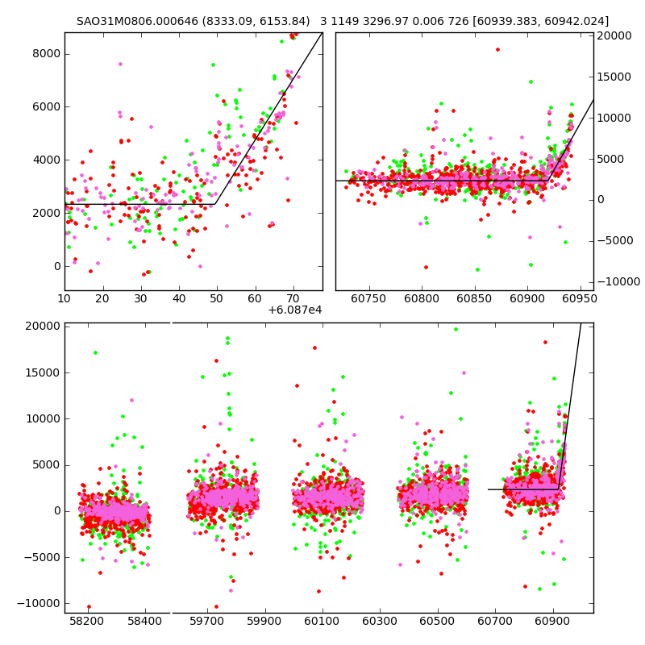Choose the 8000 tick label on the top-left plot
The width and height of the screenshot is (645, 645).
point(45,53)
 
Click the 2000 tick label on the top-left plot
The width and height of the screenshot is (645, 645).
point(45,213)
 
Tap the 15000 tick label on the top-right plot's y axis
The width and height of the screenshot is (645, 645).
point(614,77)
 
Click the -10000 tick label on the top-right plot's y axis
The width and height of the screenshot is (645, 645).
point(613,281)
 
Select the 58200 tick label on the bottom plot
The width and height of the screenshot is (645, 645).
point(86,622)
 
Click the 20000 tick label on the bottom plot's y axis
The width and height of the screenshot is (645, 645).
point(42,327)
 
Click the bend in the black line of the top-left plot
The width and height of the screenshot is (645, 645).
point(215,204)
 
